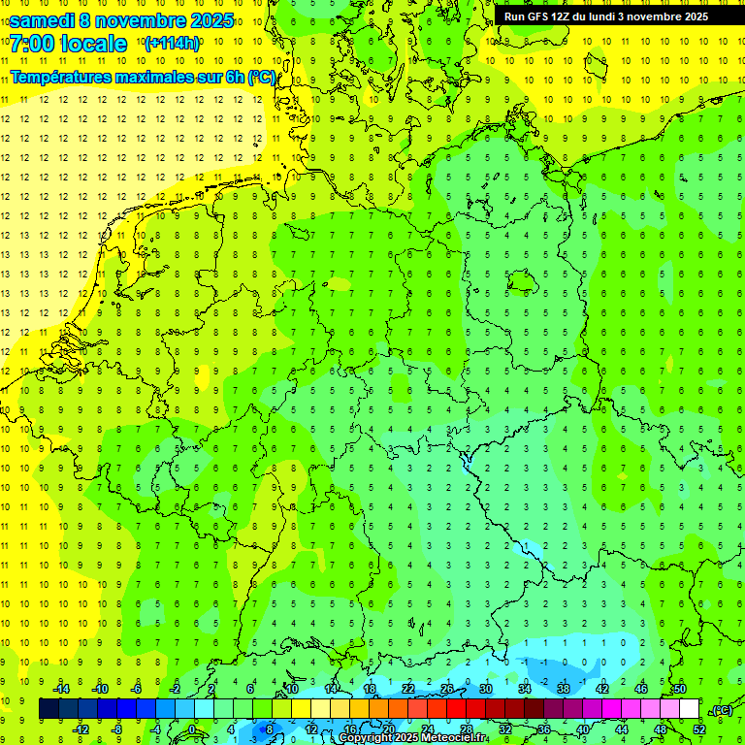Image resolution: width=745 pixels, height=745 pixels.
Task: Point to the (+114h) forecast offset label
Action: [172, 44]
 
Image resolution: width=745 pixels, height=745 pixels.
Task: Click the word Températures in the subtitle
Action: [62, 77]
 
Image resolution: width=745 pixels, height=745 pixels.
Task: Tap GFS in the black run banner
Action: [541, 16]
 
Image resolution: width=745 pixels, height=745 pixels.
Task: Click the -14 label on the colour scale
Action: [61, 688]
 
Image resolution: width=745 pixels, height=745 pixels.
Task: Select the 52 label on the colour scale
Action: [699, 729]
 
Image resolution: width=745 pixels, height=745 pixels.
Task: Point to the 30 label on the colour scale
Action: [486, 688]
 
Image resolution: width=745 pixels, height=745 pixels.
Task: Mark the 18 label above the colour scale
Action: [370, 688]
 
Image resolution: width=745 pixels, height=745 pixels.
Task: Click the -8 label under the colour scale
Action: [117, 729]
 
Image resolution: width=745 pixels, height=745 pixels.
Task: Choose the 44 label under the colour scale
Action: [622, 729]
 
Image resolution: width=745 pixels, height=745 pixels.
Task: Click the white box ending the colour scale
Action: [689, 709]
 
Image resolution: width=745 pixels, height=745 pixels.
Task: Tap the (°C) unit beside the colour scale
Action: [722, 710]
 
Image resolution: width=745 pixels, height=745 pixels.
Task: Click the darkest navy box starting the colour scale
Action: [49, 709]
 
